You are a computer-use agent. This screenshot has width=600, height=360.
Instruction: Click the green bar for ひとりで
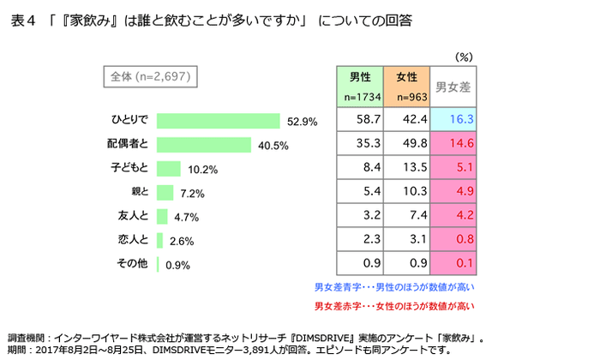coord(219,121)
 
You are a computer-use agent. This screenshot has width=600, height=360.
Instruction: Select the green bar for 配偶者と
coord(204,145)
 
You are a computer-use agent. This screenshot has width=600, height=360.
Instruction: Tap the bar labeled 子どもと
coord(169,169)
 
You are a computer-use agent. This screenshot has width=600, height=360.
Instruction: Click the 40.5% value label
coord(271,145)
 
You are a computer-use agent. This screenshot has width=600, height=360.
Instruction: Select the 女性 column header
coord(407,86)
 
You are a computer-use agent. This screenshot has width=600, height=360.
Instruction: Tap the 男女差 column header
coord(453,87)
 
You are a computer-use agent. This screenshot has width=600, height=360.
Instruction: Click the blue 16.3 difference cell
coord(453,118)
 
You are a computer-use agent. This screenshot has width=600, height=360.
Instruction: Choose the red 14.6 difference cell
coord(453,143)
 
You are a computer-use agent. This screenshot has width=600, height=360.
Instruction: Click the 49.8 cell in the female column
coord(407,143)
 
